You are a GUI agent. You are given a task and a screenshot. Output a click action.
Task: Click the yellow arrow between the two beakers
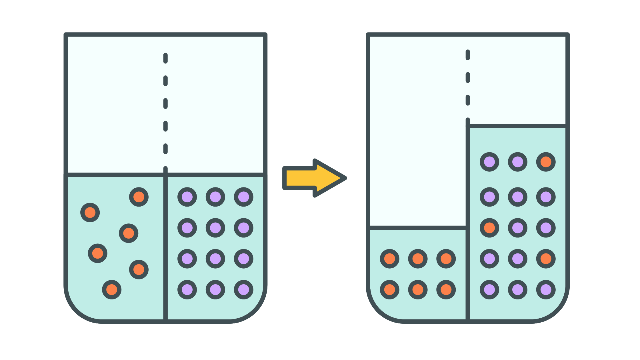311,178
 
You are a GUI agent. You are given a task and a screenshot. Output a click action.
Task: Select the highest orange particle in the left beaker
139,197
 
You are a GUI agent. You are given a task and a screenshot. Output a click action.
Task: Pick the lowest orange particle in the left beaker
112,290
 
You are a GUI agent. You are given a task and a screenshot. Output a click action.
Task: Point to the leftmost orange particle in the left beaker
90,213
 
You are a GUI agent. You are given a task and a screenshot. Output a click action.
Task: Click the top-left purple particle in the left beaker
187,197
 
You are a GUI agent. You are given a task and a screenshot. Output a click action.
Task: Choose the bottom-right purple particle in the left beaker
244,290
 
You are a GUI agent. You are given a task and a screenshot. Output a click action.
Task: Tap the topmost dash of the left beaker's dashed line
165,58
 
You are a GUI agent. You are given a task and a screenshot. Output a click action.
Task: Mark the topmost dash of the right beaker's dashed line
468,55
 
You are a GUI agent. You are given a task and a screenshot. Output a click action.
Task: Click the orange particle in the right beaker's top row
546,162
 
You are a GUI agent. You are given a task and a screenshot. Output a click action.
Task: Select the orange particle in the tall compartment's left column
489,228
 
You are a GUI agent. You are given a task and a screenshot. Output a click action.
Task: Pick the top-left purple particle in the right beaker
489,162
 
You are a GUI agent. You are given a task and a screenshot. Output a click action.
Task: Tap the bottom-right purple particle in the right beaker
546,290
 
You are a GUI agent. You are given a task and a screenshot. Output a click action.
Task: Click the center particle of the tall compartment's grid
518,228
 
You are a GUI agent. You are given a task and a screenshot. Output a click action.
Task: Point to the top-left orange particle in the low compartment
390,259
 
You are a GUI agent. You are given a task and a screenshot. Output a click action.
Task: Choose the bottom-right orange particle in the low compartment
446,290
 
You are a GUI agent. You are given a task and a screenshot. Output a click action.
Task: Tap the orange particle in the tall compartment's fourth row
546,259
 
